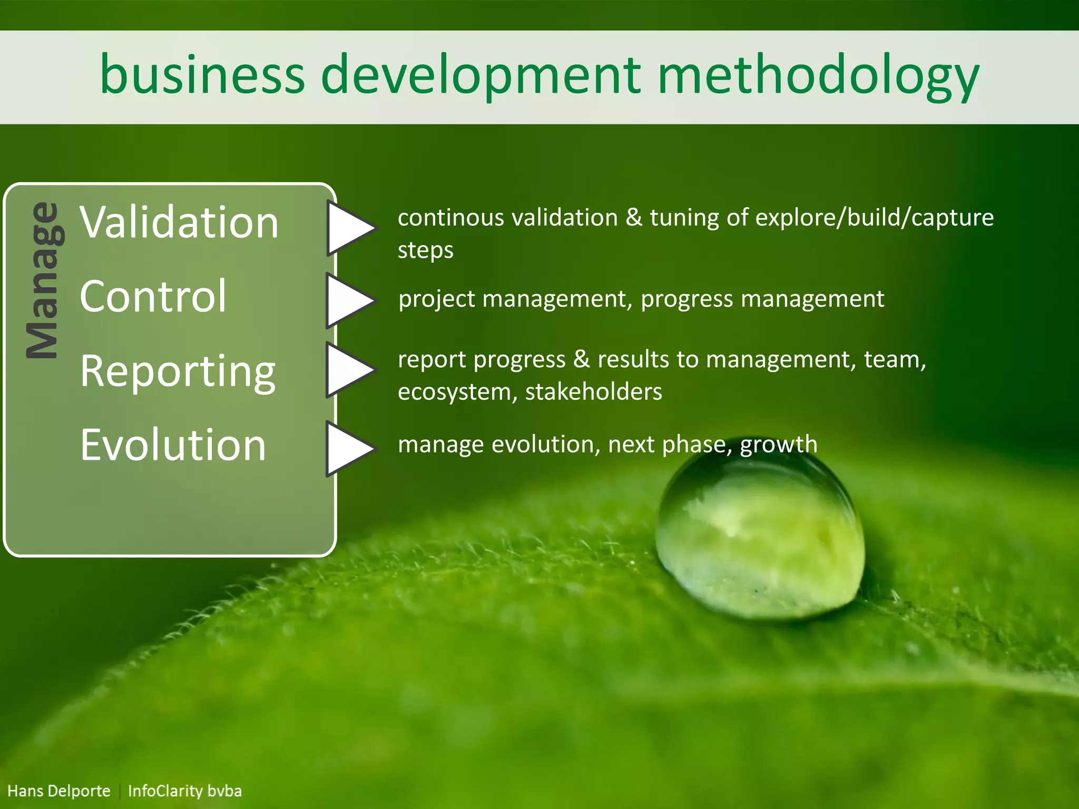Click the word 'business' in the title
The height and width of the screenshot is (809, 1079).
point(202,75)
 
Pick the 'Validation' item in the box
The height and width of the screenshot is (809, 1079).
point(179,222)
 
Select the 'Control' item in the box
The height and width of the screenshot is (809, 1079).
point(153,297)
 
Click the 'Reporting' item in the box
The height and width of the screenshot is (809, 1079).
point(178,372)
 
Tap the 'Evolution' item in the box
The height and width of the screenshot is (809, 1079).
point(173,446)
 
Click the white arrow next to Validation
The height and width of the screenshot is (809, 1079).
point(349,228)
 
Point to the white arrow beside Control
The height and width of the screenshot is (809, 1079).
point(349,301)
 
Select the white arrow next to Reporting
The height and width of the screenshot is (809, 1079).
point(349,370)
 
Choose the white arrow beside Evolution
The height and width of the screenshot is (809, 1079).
point(349,449)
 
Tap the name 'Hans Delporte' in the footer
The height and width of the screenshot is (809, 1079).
point(59,791)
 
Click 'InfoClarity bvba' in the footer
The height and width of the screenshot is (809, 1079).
point(185,791)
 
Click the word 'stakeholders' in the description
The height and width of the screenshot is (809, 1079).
point(593,392)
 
